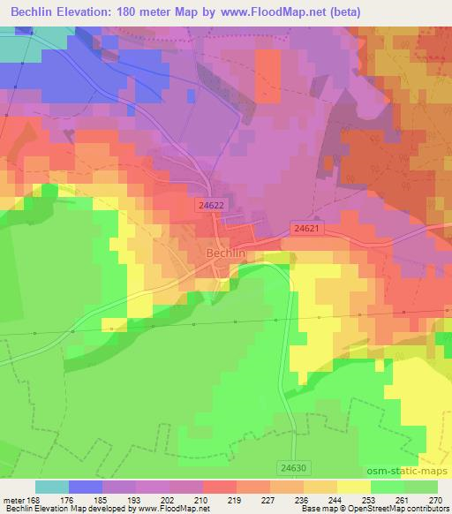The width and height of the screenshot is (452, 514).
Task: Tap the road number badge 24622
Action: pos(211,203)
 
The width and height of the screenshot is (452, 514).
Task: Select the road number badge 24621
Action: pos(306,227)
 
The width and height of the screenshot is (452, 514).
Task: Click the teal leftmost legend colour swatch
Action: pos(52,487)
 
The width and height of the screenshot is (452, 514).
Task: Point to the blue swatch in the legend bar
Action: pos(86,487)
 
